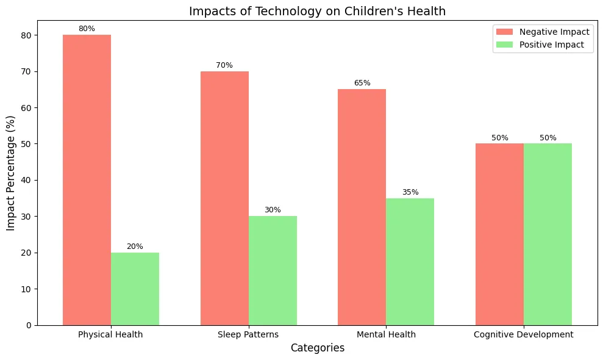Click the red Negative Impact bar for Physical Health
pyautogui.click(x=87, y=180)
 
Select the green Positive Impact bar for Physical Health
pyautogui.click(x=135, y=289)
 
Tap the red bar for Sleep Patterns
pyautogui.click(x=224, y=198)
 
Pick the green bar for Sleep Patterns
pyautogui.click(x=273, y=271)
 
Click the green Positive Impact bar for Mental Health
pyautogui.click(x=410, y=262)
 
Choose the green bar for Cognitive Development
pyautogui.click(x=548, y=234)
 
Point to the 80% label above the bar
pyautogui.click(x=87, y=29)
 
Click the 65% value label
pyautogui.click(x=362, y=83)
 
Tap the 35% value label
pyautogui.click(x=410, y=192)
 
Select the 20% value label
pyautogui.click(x=135, y=247)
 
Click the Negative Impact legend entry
pyautogui.click(x=543, y=32)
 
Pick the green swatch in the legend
pyautogui.click(x=505, y=45)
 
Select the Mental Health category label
pyautogui.click(x=386, y=334)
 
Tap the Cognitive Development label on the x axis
pyautogui.click(x=523, y=334)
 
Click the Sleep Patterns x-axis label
pyautogui.click(x=248, y=334)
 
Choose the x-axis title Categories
pyautogui.click(x=318, y=348)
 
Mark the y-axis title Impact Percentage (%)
pyautogui.click(x=11, y=173)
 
